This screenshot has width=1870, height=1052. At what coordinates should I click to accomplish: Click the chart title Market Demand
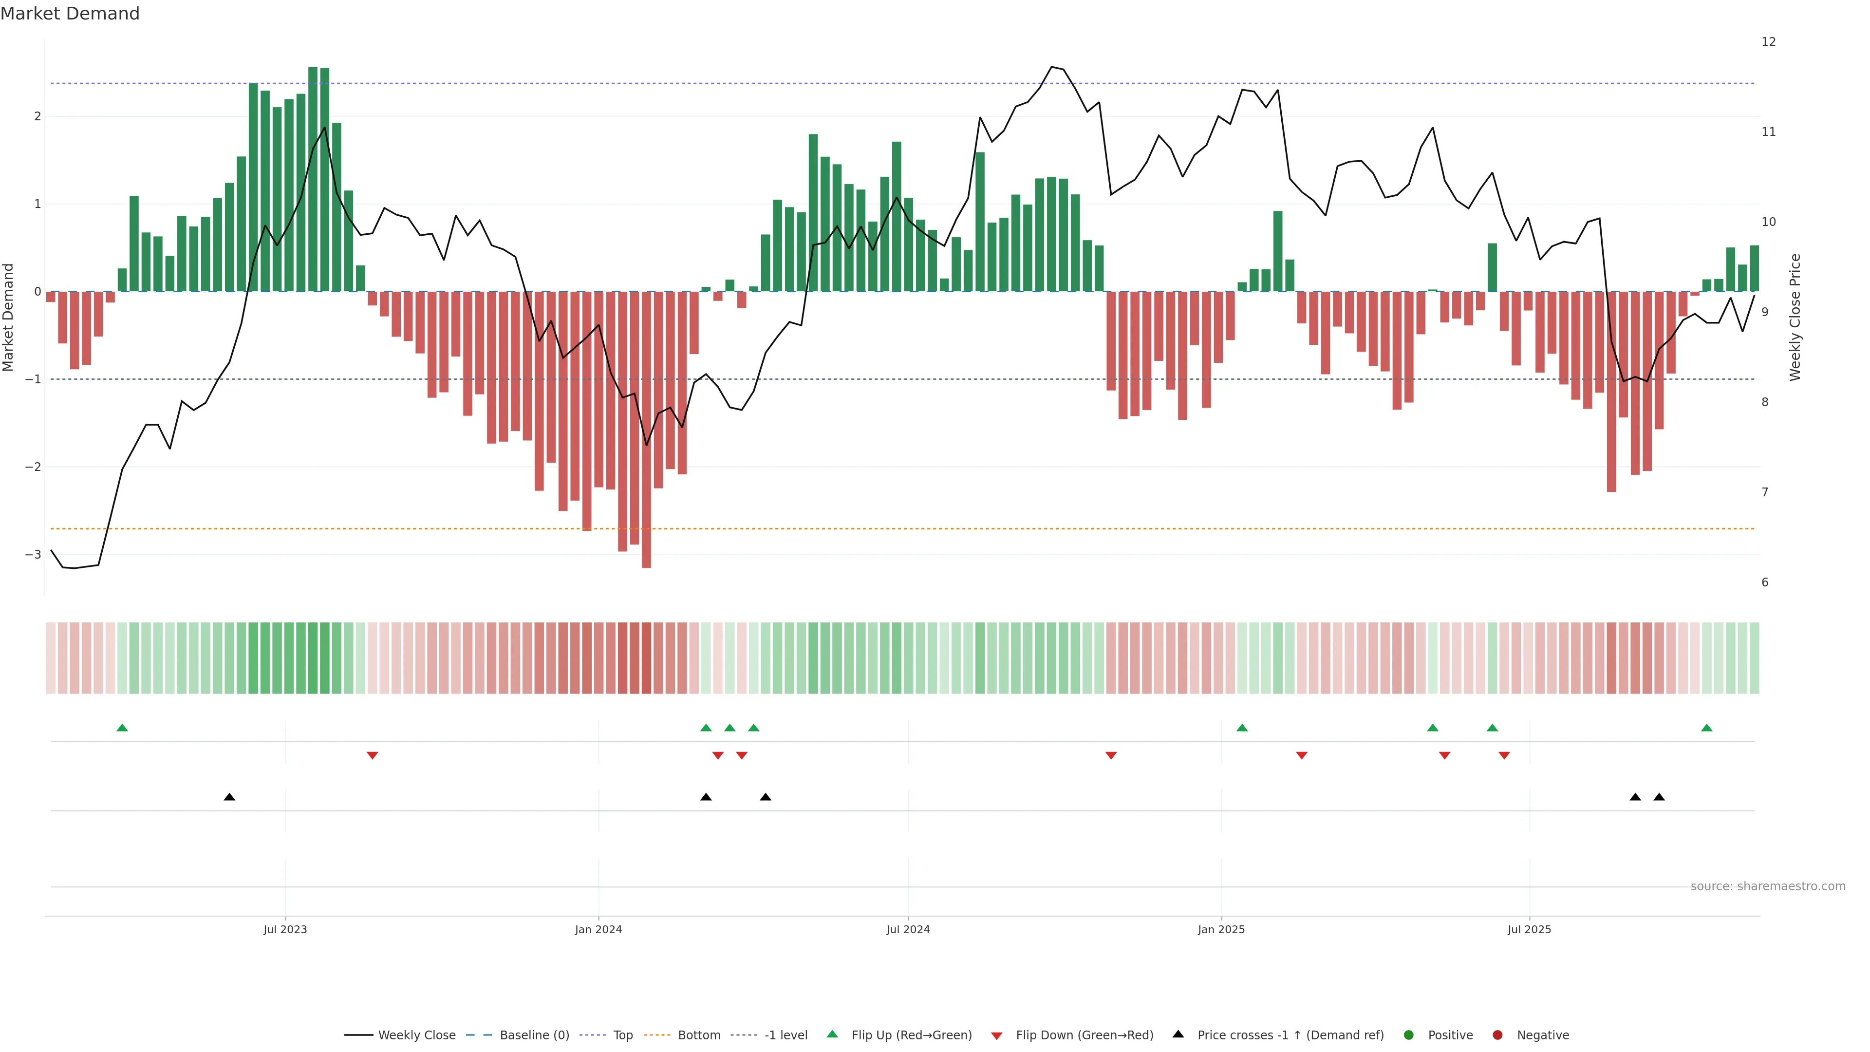point(70,14)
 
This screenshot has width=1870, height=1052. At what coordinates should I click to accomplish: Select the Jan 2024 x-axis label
point(598,929)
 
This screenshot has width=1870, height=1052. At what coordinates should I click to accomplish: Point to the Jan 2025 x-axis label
point(1221,929)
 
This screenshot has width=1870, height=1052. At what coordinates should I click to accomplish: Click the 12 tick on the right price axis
point(1768,42)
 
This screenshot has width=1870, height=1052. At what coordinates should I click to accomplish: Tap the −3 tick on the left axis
point(34,555)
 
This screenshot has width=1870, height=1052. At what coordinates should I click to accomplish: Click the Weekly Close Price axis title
point(1795,317)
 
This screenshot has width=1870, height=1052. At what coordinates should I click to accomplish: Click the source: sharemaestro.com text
point(1768,886)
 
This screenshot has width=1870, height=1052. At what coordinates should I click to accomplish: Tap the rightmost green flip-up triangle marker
point(1707,728)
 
